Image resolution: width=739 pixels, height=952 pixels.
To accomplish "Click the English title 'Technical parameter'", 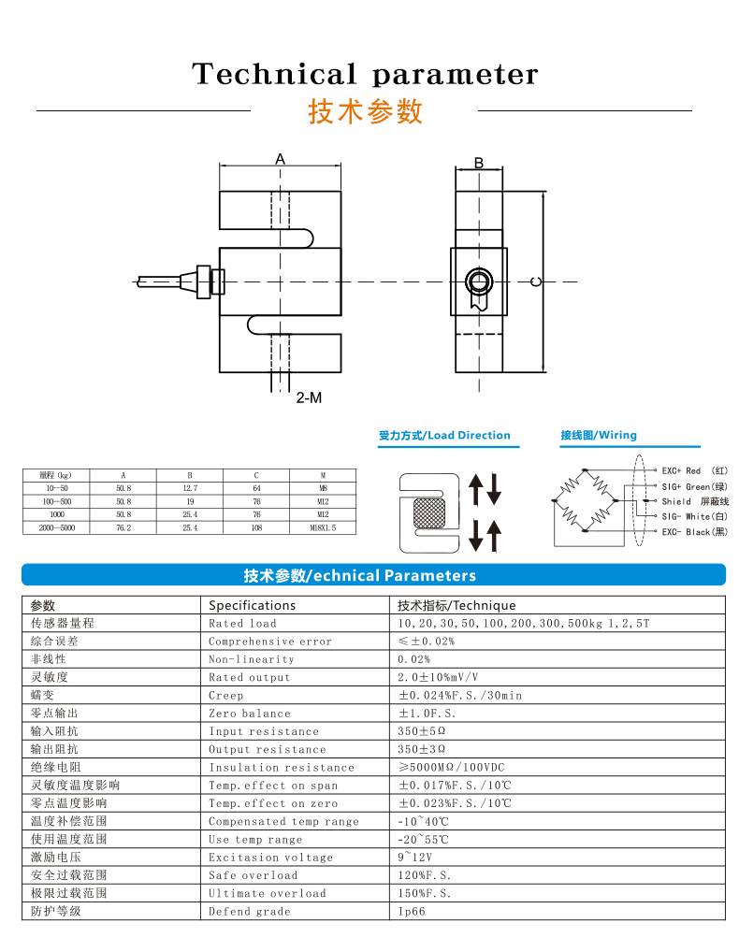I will [x=365, y=74].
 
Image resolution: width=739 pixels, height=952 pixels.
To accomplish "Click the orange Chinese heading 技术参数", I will [x=366, y=111].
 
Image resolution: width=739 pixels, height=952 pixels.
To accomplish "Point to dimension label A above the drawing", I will [x=280, y=159].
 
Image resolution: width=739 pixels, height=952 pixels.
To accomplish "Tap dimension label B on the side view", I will [x=479, y=163].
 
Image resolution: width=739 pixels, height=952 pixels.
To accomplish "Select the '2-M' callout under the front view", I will [x=309, y=397].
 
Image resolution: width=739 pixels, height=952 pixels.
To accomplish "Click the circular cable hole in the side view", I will [x=479, y=281].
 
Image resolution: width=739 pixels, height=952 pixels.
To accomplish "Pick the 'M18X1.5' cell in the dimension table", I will [x=322, y=527].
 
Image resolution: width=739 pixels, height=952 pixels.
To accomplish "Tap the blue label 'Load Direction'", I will [x=469, y=435].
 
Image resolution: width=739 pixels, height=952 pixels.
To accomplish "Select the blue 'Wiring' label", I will [x=617, y=435].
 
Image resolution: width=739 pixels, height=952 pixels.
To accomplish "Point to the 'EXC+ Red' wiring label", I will [x=681, y=470].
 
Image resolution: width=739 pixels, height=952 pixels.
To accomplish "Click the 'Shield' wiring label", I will [x=676, y=501].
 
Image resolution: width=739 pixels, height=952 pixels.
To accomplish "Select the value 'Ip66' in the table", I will [x=412, y=911].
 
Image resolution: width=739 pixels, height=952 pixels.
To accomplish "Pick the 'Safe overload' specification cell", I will [x=253, y=875].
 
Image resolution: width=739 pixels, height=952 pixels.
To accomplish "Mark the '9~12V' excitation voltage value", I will [x=414, y=857].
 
